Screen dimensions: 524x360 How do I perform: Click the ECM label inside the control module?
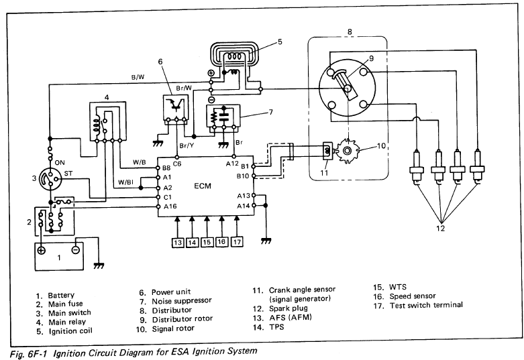[203, 186]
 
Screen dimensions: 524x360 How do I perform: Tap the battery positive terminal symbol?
[41, 250]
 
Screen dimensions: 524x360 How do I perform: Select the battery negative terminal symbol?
[76, 249]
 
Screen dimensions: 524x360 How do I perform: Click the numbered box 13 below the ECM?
[178, 242]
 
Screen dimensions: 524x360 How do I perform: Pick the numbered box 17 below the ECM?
[237, 241]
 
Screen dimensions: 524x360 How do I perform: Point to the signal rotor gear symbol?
[348, 151]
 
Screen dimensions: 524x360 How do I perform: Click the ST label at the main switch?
[68, 174]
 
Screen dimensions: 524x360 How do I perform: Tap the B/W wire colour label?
[138, 77]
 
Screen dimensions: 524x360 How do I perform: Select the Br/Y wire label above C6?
[187, 145]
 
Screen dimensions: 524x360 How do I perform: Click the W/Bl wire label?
[125, 182]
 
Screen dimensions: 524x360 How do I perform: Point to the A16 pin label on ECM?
[170, 206]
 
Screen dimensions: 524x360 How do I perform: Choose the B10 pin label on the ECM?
[243, 176]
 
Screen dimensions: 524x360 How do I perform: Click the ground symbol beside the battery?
[99, 265]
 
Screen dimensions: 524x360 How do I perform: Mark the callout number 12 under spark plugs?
[440, 228]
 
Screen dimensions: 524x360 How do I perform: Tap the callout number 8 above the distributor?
[350, 32]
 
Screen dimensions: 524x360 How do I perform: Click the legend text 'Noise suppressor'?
[182, 301]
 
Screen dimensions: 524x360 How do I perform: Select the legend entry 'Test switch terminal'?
[426, 305]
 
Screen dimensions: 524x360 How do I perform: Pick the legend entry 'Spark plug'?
[289, 308]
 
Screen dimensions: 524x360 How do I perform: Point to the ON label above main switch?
[60, 163]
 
